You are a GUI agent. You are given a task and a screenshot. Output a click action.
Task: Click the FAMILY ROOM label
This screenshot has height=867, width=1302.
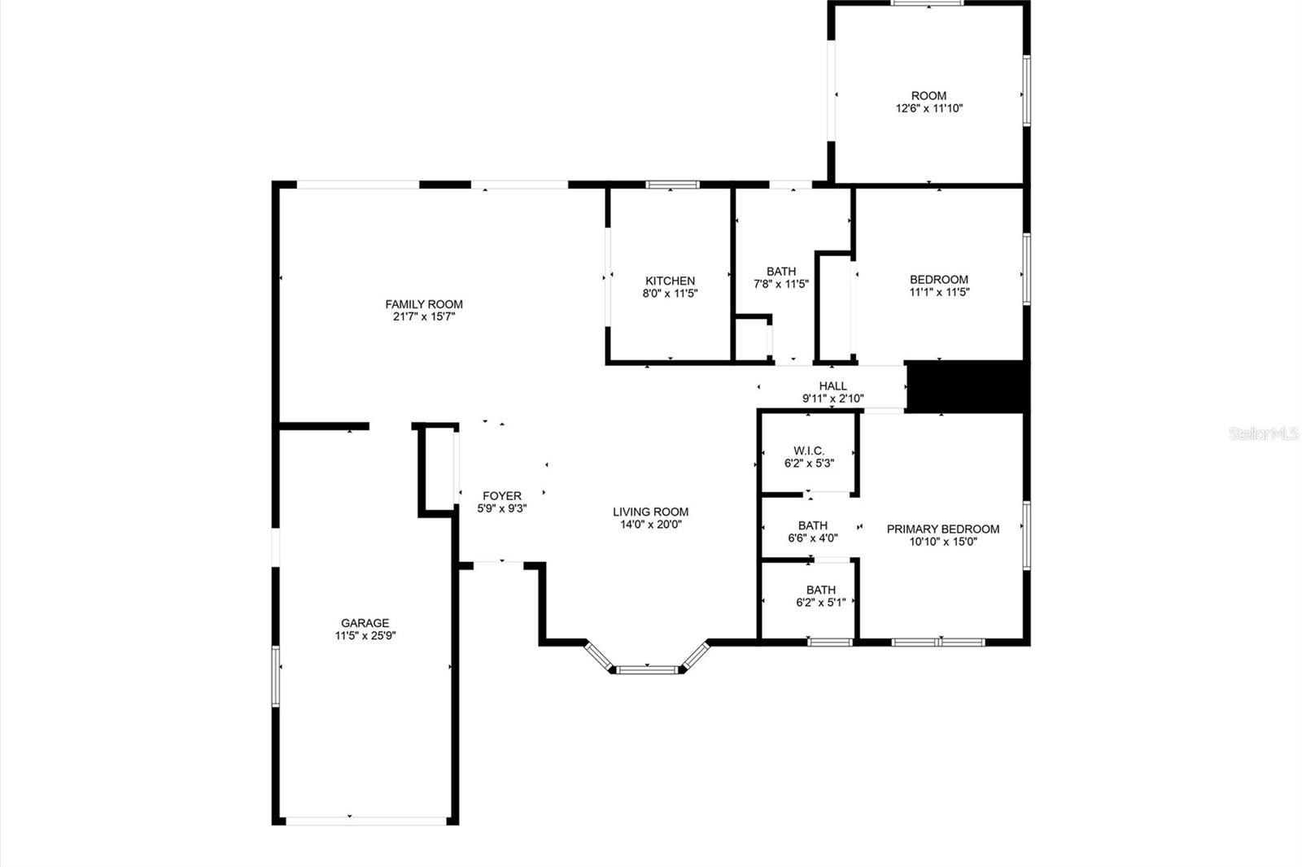pos(423,304)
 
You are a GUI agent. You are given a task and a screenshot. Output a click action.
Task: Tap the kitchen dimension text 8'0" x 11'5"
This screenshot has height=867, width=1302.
pos(670,294)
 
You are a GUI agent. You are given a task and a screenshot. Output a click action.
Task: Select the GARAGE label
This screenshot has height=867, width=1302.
pos(365,623)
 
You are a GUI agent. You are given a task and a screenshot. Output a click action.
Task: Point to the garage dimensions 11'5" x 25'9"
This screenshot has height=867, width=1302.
pos(365,636)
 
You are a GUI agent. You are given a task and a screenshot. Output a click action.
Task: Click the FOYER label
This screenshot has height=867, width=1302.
pos(501,495)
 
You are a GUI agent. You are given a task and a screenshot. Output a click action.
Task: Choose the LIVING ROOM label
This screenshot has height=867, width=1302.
pos(650,512)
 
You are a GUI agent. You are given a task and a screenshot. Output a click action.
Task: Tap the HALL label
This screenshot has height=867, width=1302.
pos(832,386)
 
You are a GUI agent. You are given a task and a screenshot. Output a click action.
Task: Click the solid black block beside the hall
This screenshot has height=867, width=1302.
pos(967,386)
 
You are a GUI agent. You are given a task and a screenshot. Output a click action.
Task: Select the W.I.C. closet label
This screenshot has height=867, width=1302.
pos(809,451)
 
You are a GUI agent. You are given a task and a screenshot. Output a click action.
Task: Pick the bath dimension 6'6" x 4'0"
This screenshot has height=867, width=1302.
pos(812,538)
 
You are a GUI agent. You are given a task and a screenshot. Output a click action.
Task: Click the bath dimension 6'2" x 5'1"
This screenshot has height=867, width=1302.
pos(820,603)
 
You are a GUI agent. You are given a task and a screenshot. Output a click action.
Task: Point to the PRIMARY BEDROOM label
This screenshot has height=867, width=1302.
pos(942,529)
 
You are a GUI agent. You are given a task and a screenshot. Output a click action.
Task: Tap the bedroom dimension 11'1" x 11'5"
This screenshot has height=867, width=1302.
pos(939,292)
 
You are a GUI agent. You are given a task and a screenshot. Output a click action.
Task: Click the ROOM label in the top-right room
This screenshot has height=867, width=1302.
pos(928,95)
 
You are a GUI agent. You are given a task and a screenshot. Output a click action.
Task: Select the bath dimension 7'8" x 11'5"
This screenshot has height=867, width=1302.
pos(780,284)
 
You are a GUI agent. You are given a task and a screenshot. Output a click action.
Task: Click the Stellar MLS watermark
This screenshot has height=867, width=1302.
pos(1263,434)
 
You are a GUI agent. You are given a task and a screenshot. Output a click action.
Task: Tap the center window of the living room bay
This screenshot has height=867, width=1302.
pos(647,670)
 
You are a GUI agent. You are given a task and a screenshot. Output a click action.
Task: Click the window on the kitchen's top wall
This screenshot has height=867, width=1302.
pos(672,185)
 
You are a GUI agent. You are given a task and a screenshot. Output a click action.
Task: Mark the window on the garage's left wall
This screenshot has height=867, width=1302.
pos(276,675)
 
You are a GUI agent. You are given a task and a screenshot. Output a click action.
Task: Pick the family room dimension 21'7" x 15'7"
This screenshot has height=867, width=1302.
pos(423,317)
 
